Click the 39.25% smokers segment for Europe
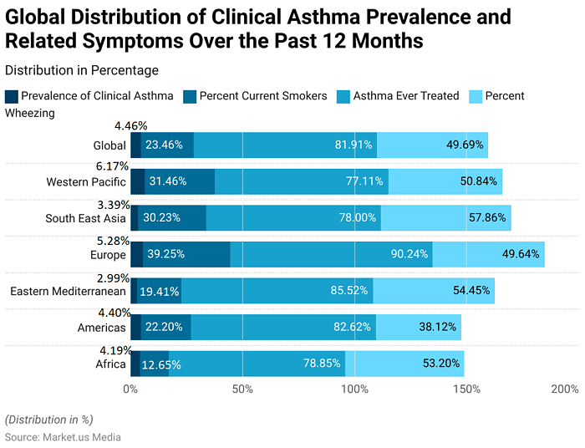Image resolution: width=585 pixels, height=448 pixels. click(186, 254)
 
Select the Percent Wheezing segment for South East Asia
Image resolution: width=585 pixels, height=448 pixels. click(445, 218)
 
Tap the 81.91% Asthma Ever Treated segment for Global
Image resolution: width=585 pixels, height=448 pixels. click(284, 145)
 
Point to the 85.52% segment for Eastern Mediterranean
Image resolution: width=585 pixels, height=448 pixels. click(277, 291)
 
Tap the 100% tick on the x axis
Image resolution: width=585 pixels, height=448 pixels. click(354, 389)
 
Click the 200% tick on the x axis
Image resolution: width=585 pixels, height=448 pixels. click(566, 389)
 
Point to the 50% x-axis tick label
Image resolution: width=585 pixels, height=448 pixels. click(242, 389)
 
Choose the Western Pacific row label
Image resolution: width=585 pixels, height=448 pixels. click(86, 182)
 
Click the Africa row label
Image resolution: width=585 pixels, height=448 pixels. click(109, 364)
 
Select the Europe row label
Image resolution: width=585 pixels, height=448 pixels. click(107, 255)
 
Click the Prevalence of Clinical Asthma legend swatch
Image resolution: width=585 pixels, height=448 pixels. click(11, 96)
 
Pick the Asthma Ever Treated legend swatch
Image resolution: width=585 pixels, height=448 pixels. click(343, 96)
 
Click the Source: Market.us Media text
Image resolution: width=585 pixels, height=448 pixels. click(63, 437)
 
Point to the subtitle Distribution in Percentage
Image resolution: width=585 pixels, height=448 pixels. click(81, 70)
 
